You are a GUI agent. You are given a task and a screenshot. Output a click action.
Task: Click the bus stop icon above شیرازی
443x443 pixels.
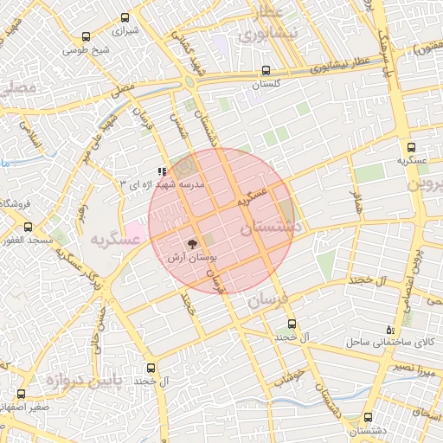point(126,17)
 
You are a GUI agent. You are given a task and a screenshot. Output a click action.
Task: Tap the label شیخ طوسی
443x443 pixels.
point(86,49)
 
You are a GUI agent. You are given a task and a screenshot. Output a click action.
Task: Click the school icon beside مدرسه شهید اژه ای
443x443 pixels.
point(161,171)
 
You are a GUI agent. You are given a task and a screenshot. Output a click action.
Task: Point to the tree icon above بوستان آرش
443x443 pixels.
point(191,245)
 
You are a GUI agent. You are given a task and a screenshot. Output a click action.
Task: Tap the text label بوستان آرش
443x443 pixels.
point(191,258)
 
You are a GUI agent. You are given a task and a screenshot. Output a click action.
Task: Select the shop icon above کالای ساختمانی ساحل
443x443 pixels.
point(390,330)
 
